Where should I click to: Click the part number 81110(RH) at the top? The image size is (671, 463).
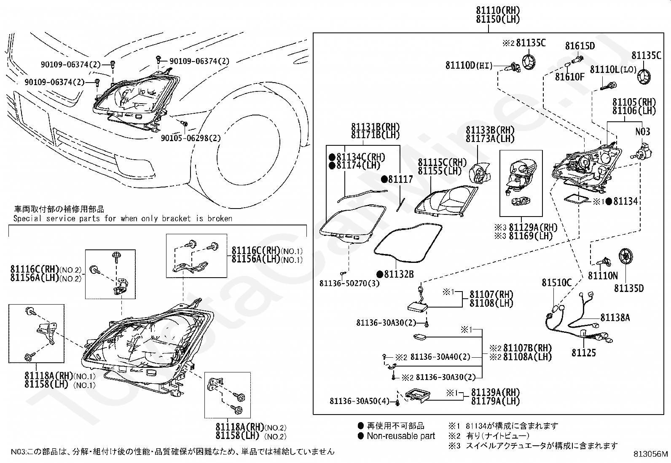(498, 10)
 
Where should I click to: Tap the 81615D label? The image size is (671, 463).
(580, 46)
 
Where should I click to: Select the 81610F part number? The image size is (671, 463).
(570, 77)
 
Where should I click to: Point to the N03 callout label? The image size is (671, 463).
(642, 131)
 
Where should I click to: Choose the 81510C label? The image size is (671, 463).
(557, 282)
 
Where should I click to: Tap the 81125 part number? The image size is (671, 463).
(583, 353)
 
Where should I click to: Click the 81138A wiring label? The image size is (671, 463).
(615, 318)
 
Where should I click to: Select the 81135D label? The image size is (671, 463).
(629, 288)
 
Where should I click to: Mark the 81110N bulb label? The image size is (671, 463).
(603, 276)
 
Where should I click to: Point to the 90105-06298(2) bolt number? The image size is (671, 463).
(191, 138)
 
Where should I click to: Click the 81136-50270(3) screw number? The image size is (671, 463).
(349, 283)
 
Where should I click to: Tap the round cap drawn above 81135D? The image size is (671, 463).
(626, 257)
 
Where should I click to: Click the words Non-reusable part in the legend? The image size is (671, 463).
(401, 436)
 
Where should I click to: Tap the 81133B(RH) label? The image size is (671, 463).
(490, 130)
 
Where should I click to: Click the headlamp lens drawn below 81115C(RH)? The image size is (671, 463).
(446, 200)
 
